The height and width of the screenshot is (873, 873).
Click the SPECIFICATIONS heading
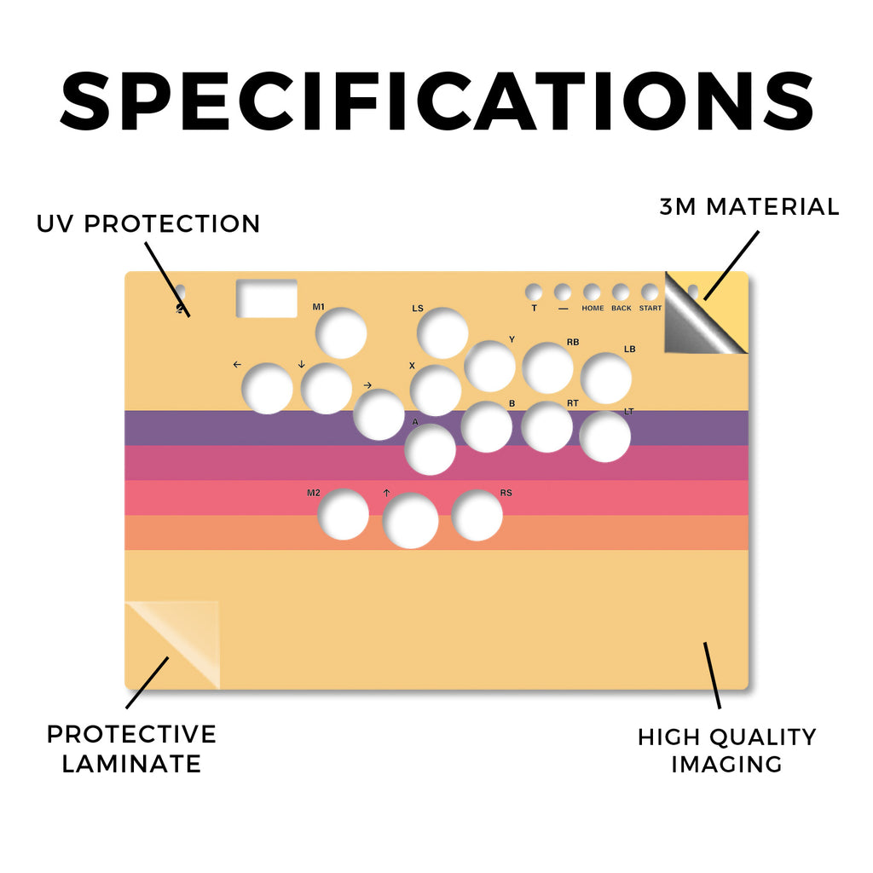437,101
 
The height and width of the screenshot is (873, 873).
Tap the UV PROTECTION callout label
148,224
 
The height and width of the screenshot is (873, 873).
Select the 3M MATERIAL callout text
749,206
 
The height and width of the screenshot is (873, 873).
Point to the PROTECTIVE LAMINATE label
131,749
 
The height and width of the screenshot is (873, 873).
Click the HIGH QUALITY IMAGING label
726,750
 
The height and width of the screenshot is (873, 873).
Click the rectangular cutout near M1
267,298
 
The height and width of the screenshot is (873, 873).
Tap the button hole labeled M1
341,333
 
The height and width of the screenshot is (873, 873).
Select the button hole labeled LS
442,333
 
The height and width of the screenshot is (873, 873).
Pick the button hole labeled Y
490,367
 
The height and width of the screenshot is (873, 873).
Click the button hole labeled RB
548,368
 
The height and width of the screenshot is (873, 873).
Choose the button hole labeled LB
606,378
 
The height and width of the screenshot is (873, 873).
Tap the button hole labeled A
431,449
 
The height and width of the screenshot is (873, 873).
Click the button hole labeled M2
344,514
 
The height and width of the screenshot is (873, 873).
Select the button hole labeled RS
477,516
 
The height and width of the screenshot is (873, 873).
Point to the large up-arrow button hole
411,521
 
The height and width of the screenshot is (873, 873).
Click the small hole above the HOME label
592,292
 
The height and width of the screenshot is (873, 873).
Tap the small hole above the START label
650,292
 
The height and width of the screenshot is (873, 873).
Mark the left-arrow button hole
267,389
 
